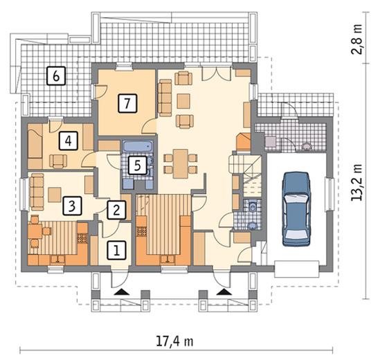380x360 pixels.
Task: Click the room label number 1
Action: click(x=117, y=251)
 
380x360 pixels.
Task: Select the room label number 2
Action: click(x=116, y=210)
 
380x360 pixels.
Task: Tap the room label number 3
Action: click(x=72, y=206)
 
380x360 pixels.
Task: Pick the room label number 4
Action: click(x=69, y=141)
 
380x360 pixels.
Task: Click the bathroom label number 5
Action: click(x=138, y=165)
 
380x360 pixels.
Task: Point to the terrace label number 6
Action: click(x=56, y=75)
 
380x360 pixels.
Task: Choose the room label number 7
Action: click(x=127, y=104)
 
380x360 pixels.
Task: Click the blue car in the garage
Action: click(x=297, y=208)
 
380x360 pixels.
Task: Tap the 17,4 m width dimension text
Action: click(x=174, y=341)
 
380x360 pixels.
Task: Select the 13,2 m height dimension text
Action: click(x=357, y=182)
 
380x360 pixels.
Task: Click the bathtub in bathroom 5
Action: click(x=138, y=146)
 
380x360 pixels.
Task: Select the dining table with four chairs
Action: click(x=181, y=164)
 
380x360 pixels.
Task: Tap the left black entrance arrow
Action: click(x=121, y=291)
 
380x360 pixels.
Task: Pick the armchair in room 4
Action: click(x=58, y=161)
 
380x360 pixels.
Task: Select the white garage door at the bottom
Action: click(x=297, y=269)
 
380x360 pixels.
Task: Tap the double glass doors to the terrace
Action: click(x=216, y=73)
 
